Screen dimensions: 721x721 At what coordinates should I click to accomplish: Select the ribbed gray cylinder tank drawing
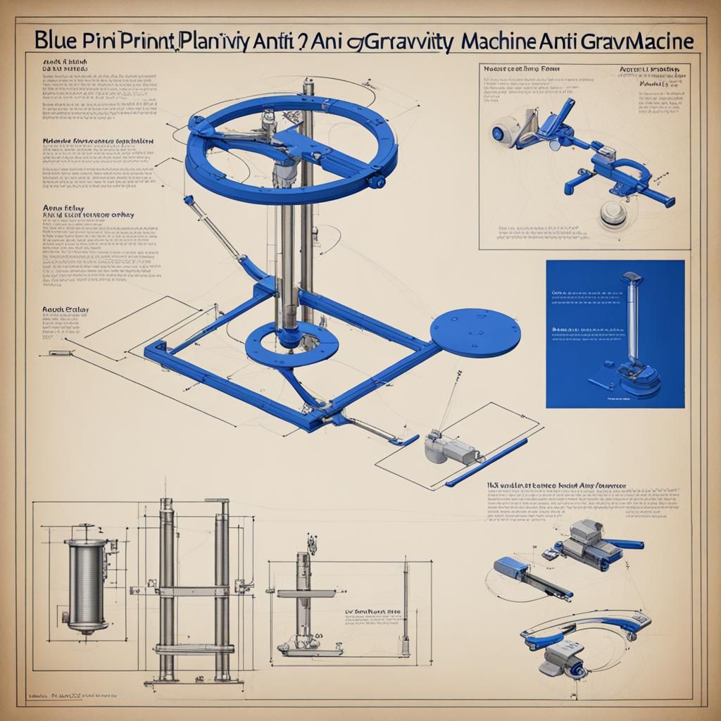click(x=86, y=585)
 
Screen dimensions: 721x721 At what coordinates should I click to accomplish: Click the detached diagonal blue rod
click(x=486, y=462)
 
